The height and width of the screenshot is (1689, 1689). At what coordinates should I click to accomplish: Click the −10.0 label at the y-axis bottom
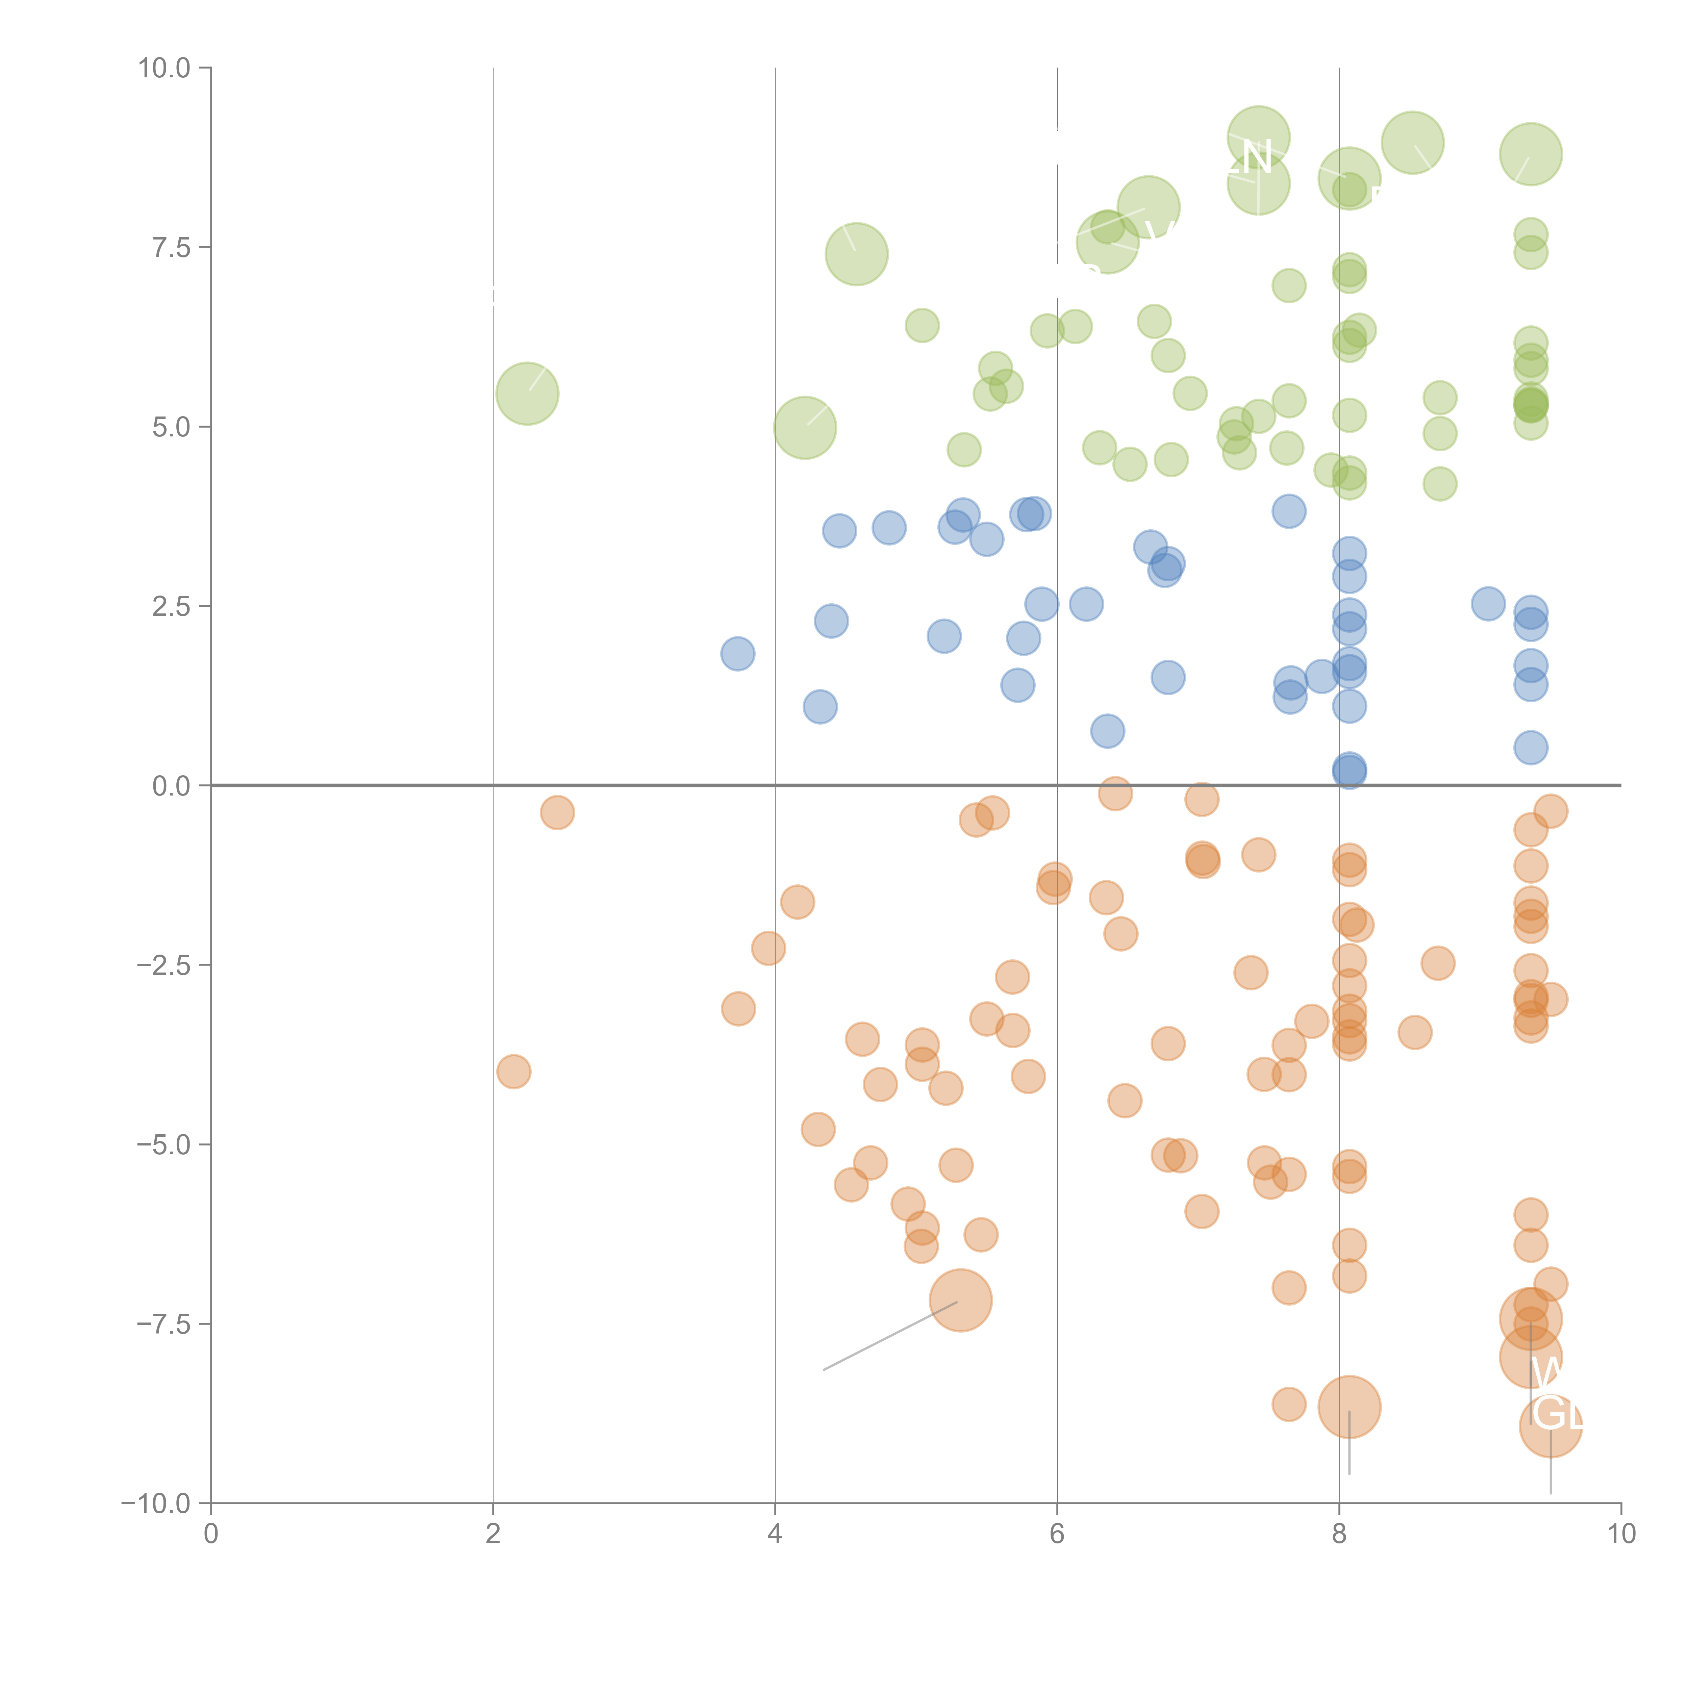coord(156,1504)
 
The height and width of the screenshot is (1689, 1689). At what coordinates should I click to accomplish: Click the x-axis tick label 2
coord(493,1534)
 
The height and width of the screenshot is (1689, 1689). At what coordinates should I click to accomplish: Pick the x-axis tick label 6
coord(1057,1534)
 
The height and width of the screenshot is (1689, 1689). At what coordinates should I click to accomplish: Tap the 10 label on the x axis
coord(1621,1534)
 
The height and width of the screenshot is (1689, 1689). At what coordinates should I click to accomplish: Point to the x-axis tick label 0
coord(211,1534)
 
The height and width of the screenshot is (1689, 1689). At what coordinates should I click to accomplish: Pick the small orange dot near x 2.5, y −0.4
coord(557,812)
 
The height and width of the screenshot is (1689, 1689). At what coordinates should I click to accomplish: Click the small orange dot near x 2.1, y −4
coord(513,1071)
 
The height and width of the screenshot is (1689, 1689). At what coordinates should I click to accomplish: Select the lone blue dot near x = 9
coord(1488,603)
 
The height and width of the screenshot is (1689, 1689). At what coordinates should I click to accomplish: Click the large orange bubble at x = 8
coord(1349,1407)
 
